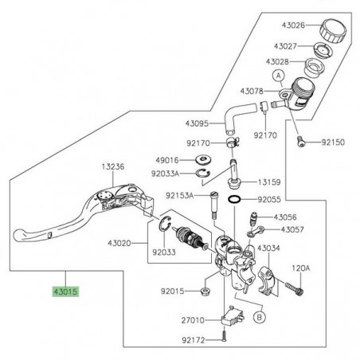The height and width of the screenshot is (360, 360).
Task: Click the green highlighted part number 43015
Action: [67, 292]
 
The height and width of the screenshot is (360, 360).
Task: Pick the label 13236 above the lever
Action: [113, 167]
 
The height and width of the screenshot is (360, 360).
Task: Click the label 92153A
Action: [182, 194]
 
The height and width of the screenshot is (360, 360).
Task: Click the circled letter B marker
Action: [260, 315]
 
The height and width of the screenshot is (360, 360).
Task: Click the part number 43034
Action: [269, 248]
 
